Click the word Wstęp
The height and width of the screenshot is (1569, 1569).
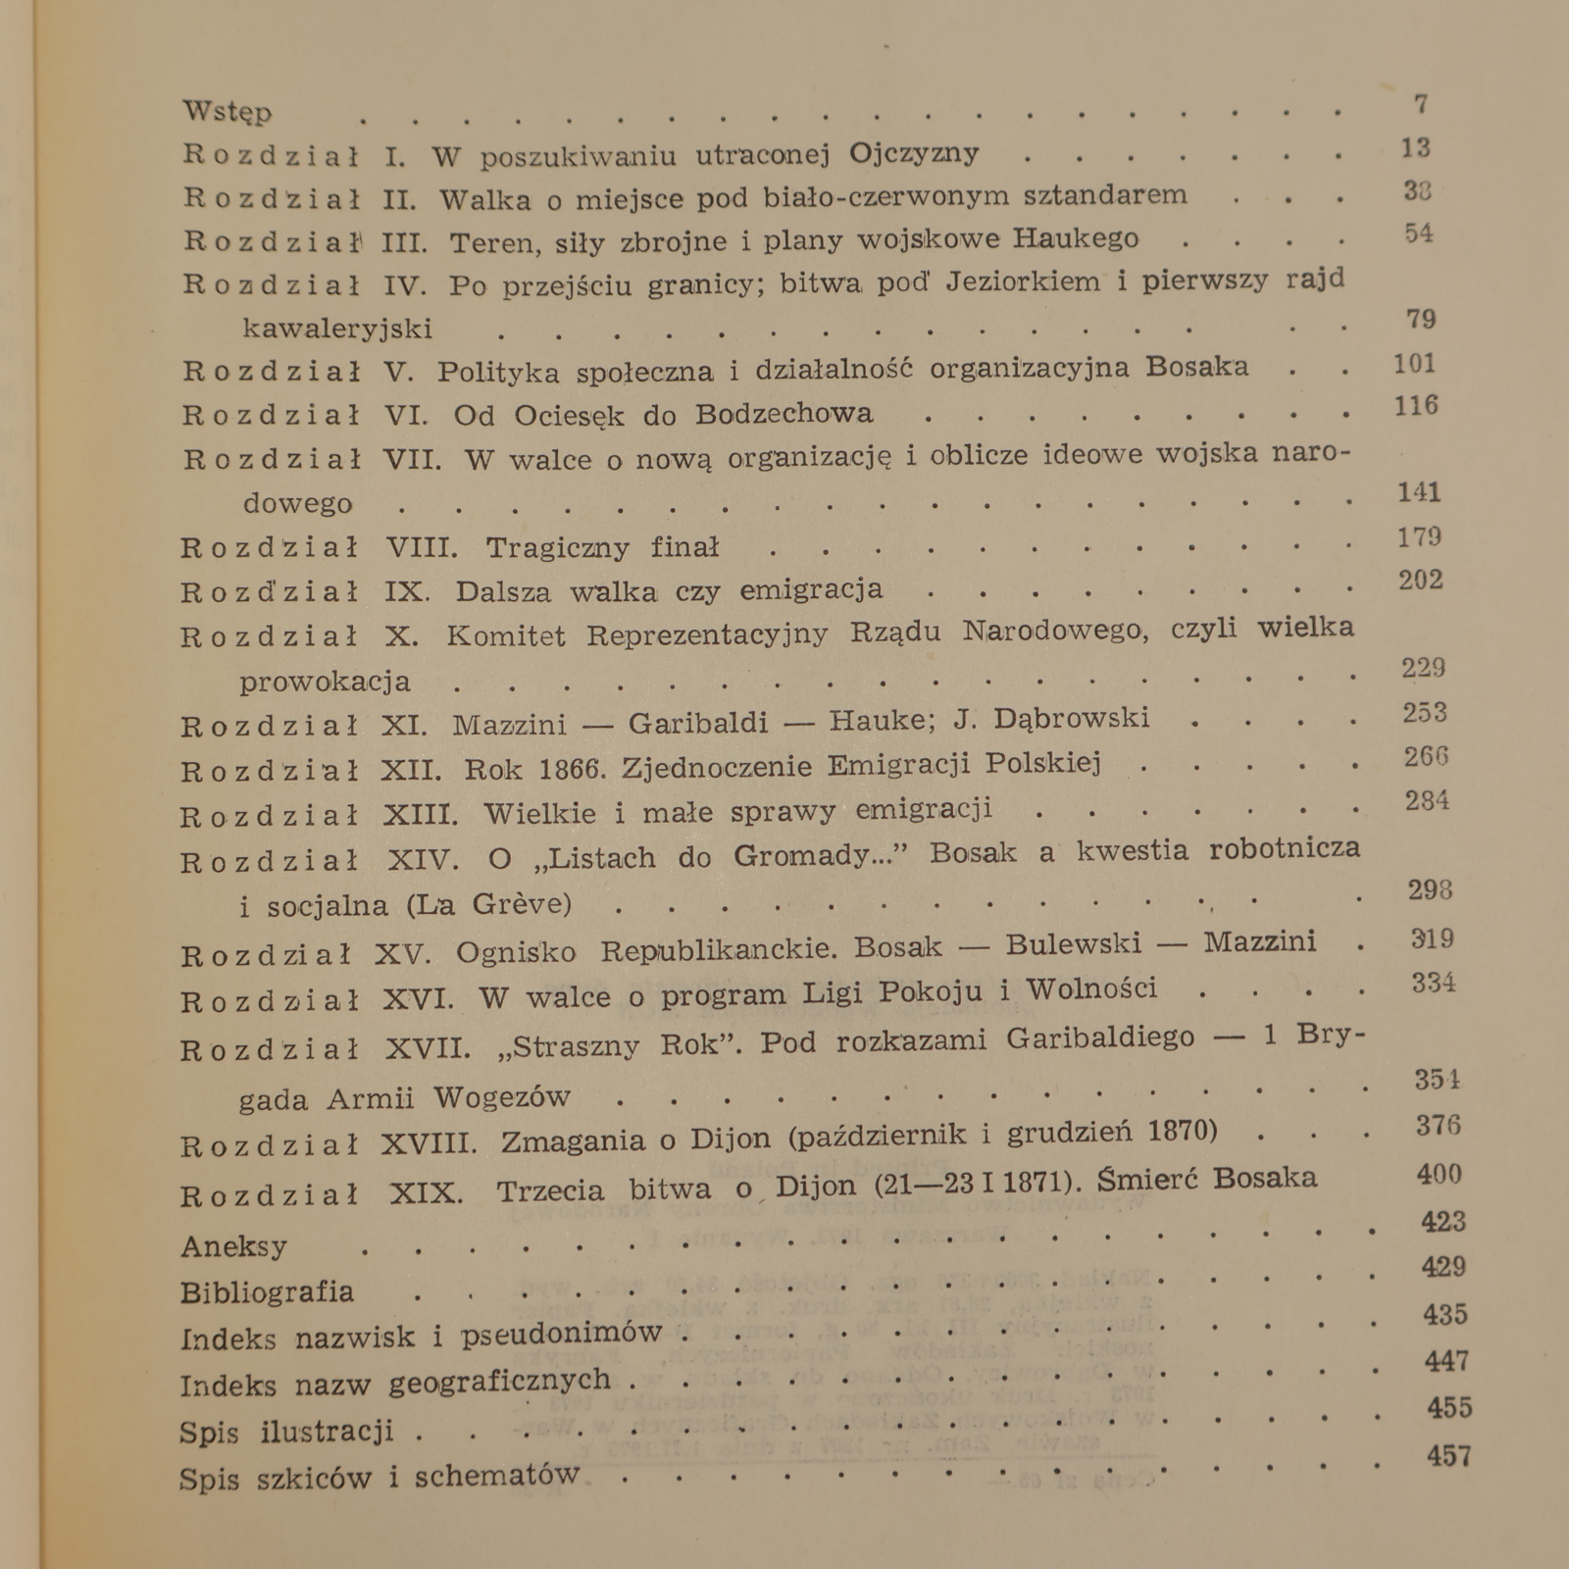(228, 111)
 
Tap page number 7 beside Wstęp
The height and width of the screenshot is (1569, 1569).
(1421, 103)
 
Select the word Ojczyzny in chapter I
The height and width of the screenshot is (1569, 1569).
(914, 153)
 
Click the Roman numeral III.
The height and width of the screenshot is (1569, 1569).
(404, 241)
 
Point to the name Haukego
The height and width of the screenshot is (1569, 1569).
(1076, 238)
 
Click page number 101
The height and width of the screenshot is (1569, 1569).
(1414, 364)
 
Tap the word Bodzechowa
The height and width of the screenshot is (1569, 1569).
(784, 414)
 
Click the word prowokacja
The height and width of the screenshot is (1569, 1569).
(325, 681)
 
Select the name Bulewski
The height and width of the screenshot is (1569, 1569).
(1074, 944)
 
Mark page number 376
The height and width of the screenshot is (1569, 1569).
(1439, 1125)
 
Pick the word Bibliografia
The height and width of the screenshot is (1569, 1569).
(267, 1292)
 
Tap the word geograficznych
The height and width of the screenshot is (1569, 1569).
(500, 1381)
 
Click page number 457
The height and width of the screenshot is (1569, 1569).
(1449, 1455)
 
